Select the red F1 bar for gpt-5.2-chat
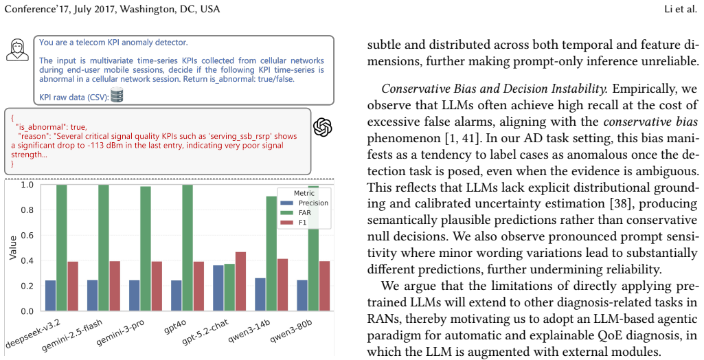click(x=240, y=282)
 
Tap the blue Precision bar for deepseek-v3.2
click(x=51, y=296)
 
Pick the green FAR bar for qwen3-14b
click(x=271, y=254)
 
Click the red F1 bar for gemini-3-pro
click(x=157, y=286)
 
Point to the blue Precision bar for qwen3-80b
click(x=302, y=296)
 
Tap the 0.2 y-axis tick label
click(x=27, y=286)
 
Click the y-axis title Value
click(x=12, y=248)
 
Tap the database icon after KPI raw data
click(x=117, y=95)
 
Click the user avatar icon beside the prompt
click(x=17, y=49)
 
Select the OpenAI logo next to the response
click(x=322, y=128)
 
